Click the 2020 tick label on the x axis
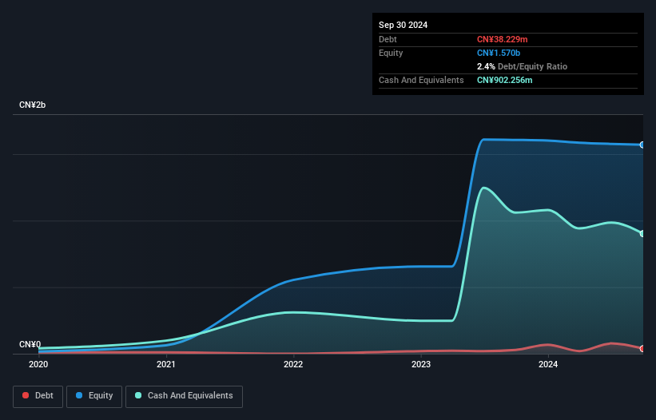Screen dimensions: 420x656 tap(38, 365)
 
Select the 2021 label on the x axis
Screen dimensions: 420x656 tap(166, 365)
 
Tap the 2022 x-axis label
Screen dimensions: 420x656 tap(293, 365)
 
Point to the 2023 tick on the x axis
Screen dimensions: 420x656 tap(421, 365)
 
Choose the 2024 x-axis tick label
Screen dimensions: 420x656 tap(548, 365)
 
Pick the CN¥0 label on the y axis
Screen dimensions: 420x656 tap(30, 345)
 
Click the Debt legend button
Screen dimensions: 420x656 tap(37, 396)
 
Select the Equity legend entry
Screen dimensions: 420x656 tap(94, 396)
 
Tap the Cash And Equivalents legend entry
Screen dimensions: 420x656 tap(184, 396)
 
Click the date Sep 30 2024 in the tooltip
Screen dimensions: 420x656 tap(403, 25)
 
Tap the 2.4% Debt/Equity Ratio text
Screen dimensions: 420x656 tap(522, 66)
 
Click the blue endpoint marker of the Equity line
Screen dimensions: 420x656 tap(642, 145)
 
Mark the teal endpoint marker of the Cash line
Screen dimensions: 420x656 tap(642, 233)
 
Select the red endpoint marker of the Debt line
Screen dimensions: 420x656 tap(642, 349)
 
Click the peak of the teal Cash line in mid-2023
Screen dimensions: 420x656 tap(483, 188)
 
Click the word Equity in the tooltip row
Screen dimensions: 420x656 tap(391, 53)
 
